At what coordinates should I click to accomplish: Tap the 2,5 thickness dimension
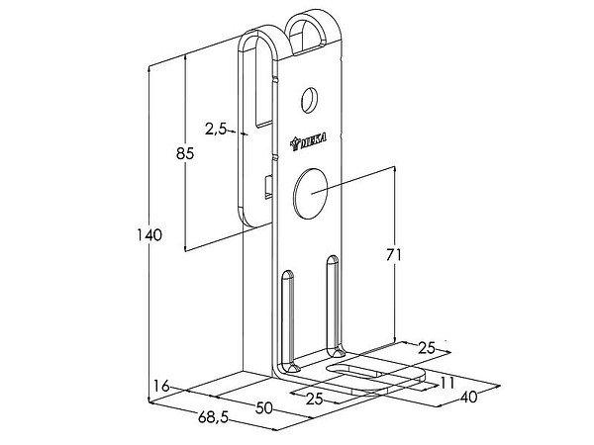(x=216, y=128)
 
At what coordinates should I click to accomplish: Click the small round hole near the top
(x=311, y=100)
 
